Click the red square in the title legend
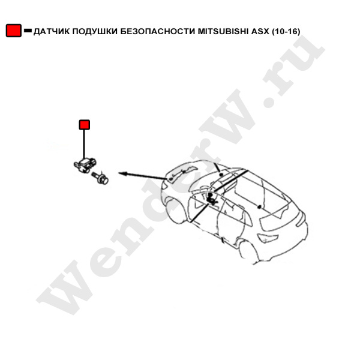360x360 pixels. tap(14, 31)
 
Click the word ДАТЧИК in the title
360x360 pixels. tap(52, 31)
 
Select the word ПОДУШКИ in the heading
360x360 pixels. tap(95, 31)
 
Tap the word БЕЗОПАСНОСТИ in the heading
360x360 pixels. tap(158, 31)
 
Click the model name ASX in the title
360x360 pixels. tap(260, 31)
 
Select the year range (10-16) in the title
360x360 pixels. tap(286, 31)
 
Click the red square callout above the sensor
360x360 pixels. tap(84, 125)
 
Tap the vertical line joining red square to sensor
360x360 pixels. tap(84, 145)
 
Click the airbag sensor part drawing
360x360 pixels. tap(85, 165)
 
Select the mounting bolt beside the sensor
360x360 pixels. tap(100, 178)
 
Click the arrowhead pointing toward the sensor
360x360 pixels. tap(122, 173)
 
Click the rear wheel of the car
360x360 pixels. tap(249, 252)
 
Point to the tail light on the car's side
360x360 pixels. tap(268, 239)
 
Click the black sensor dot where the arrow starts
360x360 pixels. tap(170, 178)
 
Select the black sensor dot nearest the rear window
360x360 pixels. tap(259, 207)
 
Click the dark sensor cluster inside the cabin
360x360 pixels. tap(211, 199)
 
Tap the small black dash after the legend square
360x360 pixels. tap(28, 31)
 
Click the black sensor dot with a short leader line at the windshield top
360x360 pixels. tap(221, 175)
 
